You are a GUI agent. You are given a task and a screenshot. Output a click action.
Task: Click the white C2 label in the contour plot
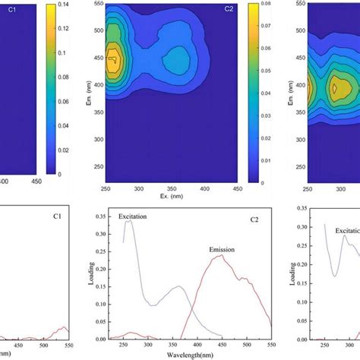click(229, 9)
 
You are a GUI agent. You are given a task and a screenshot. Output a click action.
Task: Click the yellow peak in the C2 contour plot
click(112, 61)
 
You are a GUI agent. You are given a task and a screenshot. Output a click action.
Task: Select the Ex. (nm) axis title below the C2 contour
click(171, 196)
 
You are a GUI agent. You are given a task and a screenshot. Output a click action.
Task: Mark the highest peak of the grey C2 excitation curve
click(128, 221)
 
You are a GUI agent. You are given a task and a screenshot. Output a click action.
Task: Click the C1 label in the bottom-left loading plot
click(57, 216)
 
